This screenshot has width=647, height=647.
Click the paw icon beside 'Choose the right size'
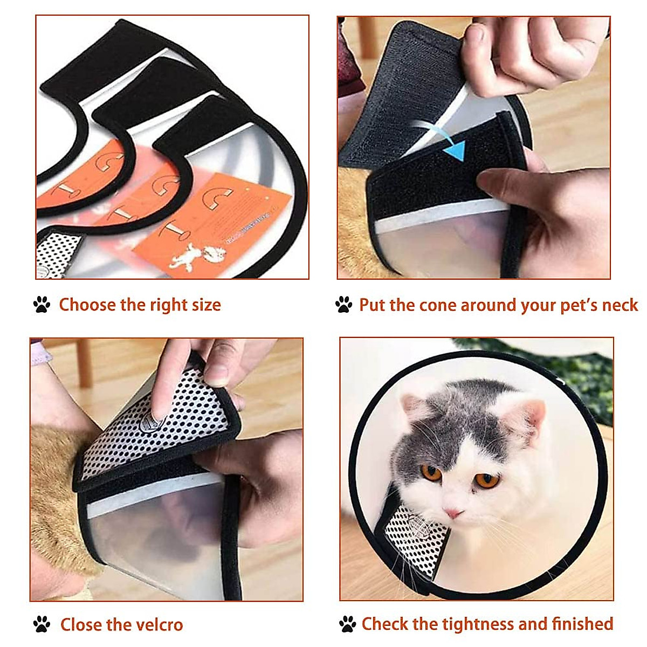tap(42, 305)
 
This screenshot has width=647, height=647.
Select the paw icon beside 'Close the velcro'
tap(42, 624)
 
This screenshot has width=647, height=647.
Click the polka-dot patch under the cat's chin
tap(415, 534)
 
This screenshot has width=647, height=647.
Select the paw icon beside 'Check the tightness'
tap(348, 624)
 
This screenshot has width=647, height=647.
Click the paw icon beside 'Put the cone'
tap(343, 305)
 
